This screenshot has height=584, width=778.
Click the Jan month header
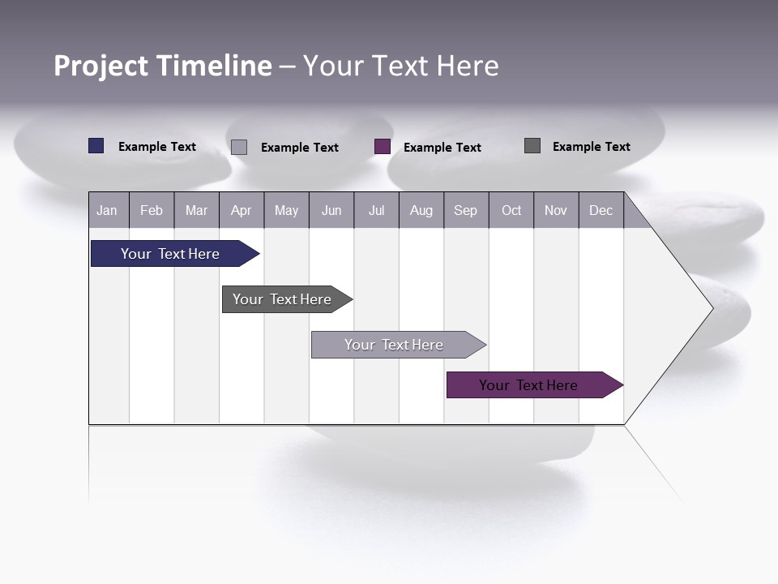108,210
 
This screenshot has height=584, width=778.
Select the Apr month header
241,210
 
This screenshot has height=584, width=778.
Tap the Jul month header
376,210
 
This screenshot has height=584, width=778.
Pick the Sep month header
465,210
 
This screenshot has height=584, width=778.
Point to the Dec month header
601,210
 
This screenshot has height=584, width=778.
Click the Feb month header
152,210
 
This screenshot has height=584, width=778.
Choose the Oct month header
511,210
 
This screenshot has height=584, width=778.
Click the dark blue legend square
96,146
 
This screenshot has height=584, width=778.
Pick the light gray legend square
239,147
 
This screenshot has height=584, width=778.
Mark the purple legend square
383,147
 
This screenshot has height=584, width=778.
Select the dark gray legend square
532,146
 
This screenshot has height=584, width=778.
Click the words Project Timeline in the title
162,66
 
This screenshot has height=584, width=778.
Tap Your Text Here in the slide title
401,66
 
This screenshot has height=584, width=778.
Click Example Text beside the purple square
442,148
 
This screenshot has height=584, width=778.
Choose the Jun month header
331,210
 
